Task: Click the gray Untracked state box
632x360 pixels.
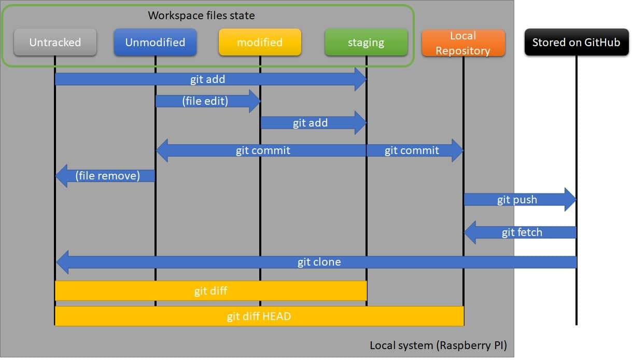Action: (x=55, y=42)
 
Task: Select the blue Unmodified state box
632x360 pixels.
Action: (x=155, y=42)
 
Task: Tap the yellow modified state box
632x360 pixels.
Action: (x=260, y=42)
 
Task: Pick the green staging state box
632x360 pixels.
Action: (x=366, y=42)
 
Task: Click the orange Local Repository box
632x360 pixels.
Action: (x=463, y=43)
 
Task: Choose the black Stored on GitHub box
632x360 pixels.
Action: (x=576, y=42)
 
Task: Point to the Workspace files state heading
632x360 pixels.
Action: (x=201, y=15)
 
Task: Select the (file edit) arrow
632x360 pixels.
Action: (x=205, y=101)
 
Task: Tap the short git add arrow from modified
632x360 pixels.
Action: (x=311, y=123)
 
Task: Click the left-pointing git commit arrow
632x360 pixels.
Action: (x=262, y=150)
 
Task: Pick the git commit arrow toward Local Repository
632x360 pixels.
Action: (x=412, y=150)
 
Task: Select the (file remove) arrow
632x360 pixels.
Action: (x=108, y=176)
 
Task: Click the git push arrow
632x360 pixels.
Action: (x=517, y=200)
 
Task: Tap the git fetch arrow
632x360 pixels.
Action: (x=522, y=232)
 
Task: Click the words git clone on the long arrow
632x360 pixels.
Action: (x=319, y=262)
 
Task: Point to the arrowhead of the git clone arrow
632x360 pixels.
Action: (x=63, y=262)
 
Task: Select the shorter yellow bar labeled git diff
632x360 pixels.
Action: (x=210, y=291)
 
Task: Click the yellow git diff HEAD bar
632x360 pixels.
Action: (x=259, y=316)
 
